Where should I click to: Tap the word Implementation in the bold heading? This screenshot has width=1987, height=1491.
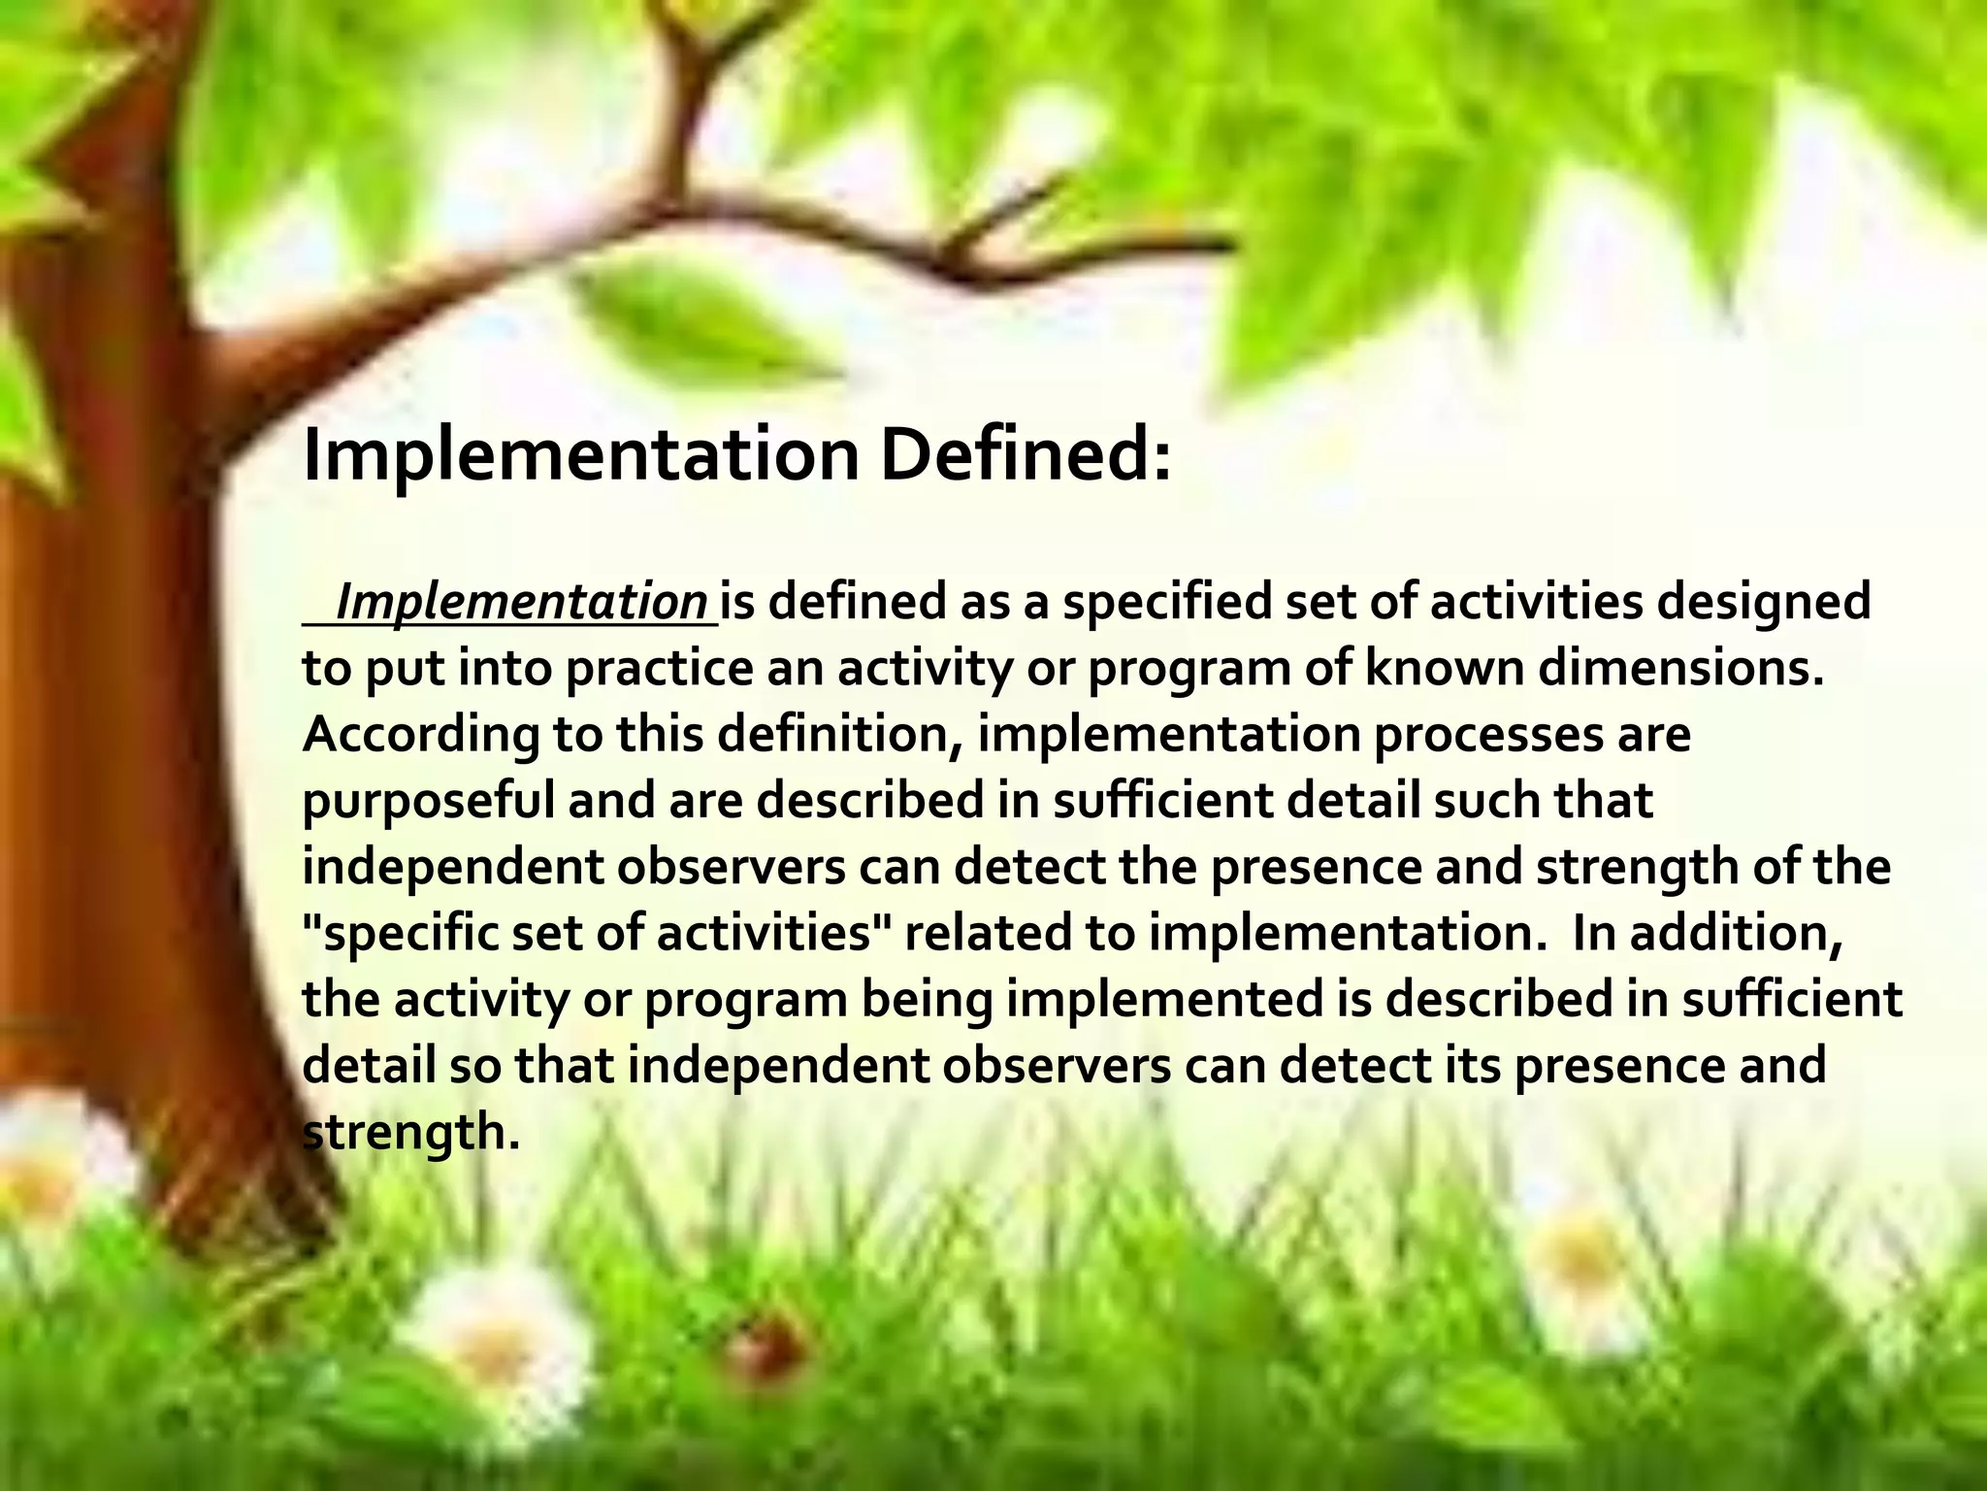click(x=581, y=456)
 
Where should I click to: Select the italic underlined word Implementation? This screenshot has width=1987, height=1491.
click(x=521, y=603)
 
